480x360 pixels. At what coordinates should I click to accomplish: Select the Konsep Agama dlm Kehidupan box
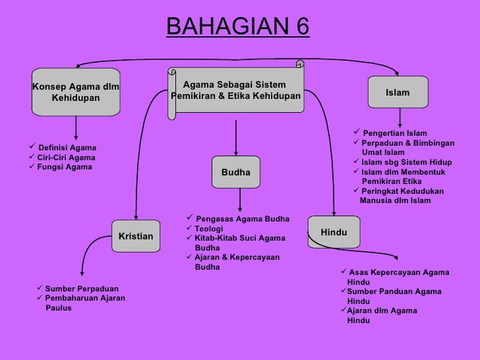click(76, 92)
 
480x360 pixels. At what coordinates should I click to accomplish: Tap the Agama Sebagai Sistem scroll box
click(235, 91)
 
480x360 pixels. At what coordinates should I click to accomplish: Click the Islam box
click(398, 93)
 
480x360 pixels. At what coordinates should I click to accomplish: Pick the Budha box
click(235, 172)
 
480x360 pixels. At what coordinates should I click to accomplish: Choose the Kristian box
click(136, 236)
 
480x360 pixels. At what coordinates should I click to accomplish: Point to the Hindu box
click(333, 233)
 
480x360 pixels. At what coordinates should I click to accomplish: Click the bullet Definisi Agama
click(67, 147)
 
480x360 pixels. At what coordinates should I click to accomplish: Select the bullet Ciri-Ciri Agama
click(66, 158)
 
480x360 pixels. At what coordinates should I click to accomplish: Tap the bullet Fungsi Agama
click(65, 167)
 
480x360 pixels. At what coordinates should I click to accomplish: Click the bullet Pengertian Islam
click(394, 133)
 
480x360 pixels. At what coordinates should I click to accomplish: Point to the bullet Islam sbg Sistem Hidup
click(406, 162)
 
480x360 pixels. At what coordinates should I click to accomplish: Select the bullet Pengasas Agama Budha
click(242, 219)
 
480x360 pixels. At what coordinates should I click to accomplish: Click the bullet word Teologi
click(209, 228)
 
